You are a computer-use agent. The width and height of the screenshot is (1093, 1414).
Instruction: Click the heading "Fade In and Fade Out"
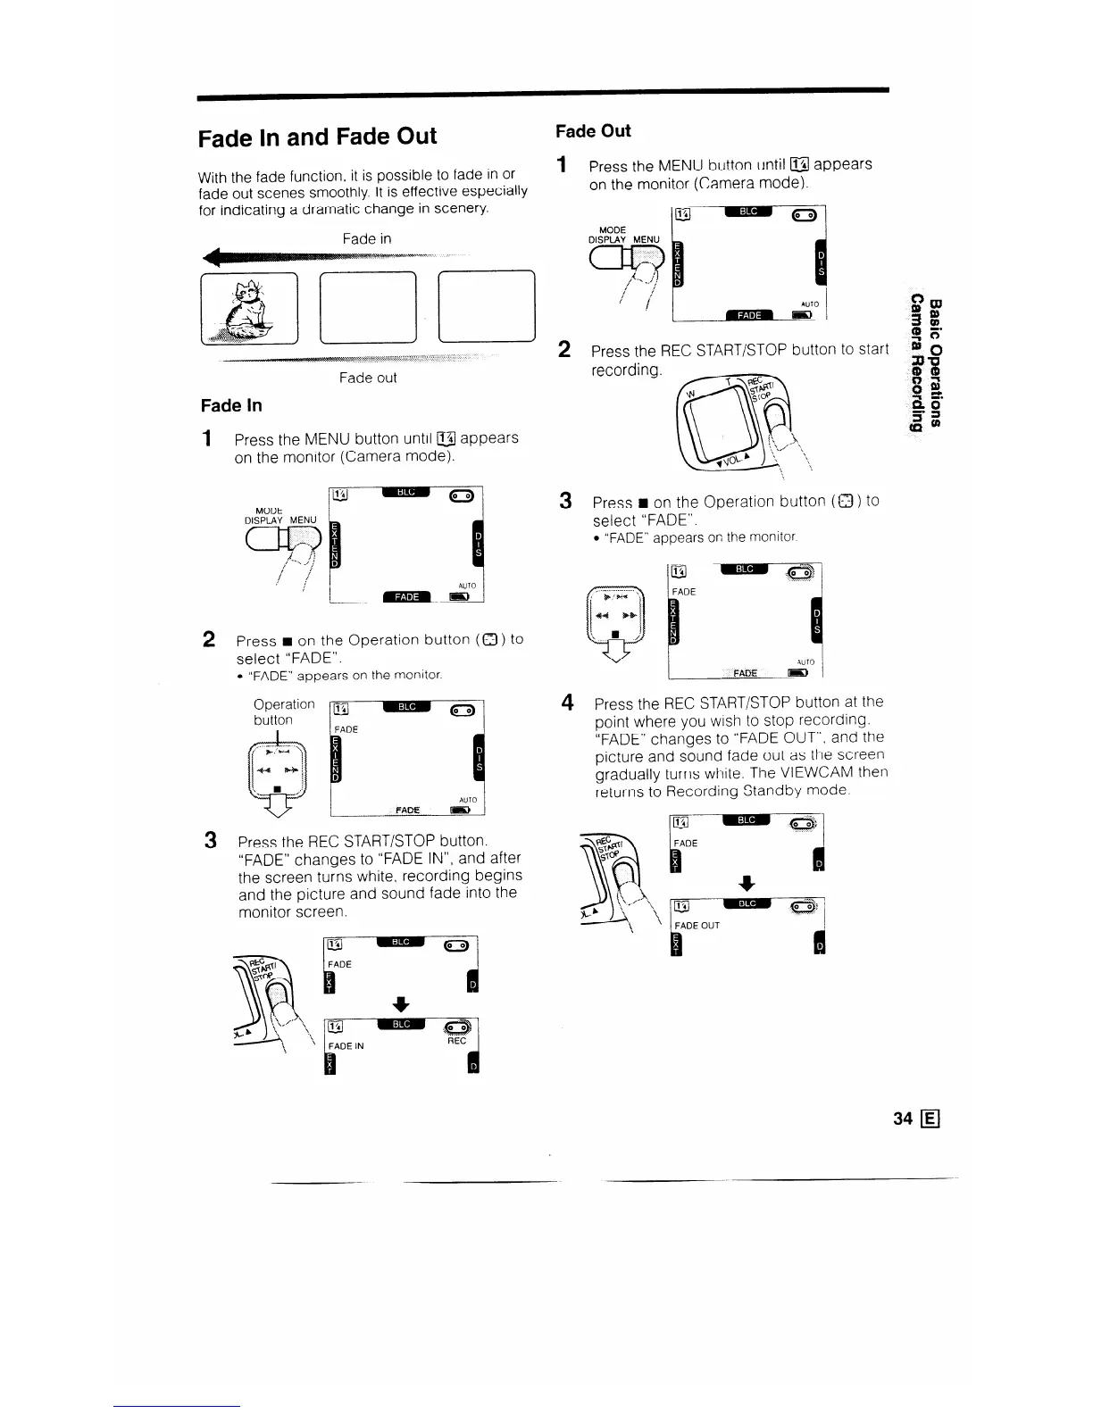point(317,137)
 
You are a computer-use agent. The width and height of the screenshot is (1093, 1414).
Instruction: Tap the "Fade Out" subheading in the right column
point(593,131)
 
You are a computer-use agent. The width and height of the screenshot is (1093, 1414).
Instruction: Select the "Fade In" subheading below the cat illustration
point(231,405)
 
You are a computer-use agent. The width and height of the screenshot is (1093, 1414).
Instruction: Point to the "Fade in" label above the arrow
point(366,239)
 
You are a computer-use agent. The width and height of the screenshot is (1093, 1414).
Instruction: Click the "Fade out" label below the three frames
point(368,378)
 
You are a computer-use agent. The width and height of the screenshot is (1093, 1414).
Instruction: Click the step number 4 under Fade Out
point(567,703)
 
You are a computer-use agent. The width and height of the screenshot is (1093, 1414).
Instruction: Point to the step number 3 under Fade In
point(210,841)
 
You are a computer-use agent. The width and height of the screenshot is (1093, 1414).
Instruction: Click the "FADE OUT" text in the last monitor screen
point(697,926)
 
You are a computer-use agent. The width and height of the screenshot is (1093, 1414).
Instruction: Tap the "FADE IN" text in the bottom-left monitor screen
point(346,1045)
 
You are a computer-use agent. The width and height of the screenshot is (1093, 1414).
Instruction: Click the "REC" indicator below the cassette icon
point(456,1040)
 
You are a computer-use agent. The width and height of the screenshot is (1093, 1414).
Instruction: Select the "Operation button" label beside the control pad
point(283,712)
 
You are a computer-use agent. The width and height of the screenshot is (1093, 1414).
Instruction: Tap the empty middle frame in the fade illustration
point(368,306)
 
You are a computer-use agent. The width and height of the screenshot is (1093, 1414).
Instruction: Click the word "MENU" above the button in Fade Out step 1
point(646,239)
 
